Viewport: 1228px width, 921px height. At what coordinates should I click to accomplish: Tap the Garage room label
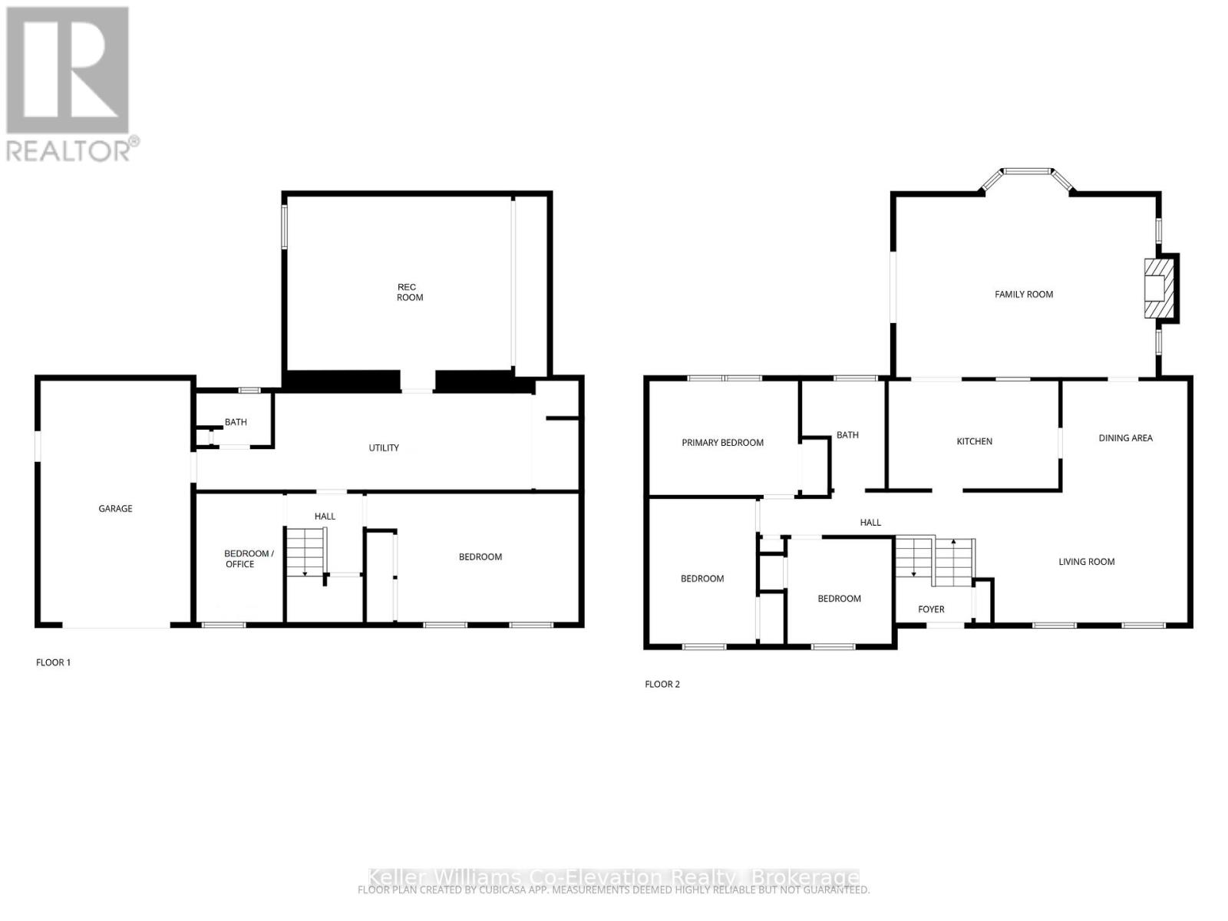coord(115,508)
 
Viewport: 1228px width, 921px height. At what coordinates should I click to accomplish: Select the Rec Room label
coord(409,292)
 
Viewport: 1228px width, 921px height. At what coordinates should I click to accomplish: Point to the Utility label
coord(384,447)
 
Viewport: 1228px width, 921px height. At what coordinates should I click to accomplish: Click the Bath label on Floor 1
coord(236,422)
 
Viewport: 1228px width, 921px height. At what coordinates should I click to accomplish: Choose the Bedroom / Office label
coord(247,559)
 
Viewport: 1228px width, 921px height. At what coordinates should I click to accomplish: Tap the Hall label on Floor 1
coord(325,517)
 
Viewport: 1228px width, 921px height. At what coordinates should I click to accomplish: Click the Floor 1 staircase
coord(306,551)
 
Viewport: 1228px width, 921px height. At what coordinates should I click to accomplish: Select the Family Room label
coord(1024,294)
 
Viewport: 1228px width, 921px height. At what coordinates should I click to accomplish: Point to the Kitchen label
coord(974,441)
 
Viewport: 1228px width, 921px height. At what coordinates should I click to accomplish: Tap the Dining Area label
coord(1125,438)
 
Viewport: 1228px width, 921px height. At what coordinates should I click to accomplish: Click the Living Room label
coord(1086,562)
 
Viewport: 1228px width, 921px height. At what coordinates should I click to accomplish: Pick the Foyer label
coord(931,609)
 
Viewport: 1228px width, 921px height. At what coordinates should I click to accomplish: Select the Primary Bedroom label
coord(722,443)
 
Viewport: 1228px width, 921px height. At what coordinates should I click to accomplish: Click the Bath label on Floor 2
coord(847,435)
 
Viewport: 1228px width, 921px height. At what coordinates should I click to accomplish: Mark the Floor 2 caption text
coord(662,684)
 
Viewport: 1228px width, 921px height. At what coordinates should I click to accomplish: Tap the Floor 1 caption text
coord(53,662)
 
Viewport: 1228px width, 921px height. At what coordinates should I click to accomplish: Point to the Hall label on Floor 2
coord(870,523)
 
